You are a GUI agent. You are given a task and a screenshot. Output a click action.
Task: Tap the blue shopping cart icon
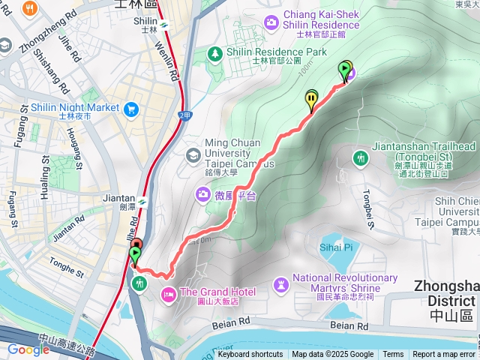point(132,109)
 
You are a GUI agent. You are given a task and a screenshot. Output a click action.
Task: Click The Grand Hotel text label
point(218,292)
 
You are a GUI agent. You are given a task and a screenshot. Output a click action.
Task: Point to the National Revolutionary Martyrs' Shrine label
point(344,283)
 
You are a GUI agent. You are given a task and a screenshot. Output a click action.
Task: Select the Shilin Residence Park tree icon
point(215,53)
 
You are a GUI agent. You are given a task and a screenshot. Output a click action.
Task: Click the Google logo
point(28,349)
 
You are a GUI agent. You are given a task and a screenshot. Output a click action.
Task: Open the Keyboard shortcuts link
point(250,355)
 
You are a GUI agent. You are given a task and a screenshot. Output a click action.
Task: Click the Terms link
point(393,355)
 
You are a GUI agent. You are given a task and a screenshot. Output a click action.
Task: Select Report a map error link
point(444,355)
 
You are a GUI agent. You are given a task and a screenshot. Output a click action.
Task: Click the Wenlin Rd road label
point(172,63)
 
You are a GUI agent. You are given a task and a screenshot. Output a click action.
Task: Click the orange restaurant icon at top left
point(31,10)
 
